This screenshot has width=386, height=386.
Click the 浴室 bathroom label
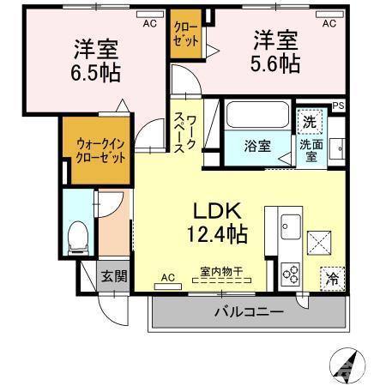(x=259, y=145)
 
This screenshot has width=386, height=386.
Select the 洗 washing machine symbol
(x=310, y=121)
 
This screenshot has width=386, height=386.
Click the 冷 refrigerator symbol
(x=332, y=278)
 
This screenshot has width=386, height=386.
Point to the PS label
(x=339, y=106)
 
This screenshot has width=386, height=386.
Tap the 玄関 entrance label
(x=112, y=275)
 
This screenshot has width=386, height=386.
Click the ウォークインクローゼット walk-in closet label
(x=95, y=152)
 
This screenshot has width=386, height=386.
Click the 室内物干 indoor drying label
(x=221, y=272)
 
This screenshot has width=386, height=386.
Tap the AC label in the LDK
(x=167, y=277)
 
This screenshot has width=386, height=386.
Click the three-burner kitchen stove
(x=291, y=272)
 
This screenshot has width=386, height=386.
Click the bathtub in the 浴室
(x=258, y=116)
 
